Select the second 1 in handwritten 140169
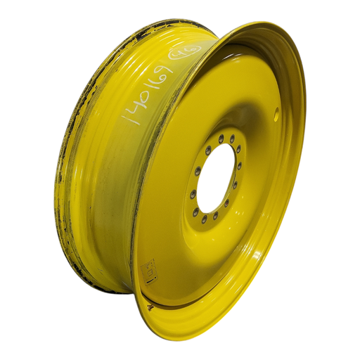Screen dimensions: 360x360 160,79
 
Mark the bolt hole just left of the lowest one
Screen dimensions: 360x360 195,213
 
